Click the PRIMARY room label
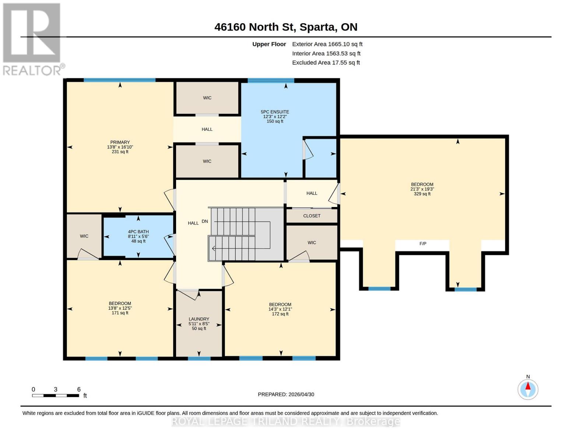[120, 143]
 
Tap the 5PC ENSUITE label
[275, 112]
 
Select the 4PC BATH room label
[138, 232]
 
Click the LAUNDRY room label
[199, 319]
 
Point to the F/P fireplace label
[422, 244]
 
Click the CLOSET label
[312, 216]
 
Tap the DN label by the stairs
[205, 221]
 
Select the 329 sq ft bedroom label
[422, 194]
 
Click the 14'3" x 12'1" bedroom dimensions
[280, 309]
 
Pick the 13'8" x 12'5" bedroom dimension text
[120, 308]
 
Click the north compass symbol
[528, 389]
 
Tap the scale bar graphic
[55, 396]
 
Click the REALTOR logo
[32, 39]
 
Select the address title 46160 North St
[286, 27]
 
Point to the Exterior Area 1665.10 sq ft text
[327, 44]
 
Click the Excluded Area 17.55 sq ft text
[326, 63]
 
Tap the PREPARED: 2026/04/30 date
[286, 394]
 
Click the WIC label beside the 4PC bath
[84, 236]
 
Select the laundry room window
[199, 358]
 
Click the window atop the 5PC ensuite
[271, 80]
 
